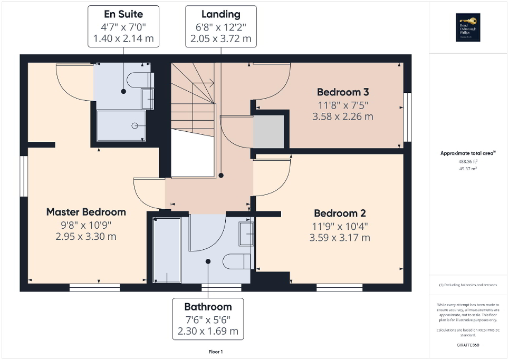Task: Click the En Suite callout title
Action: point(123,14)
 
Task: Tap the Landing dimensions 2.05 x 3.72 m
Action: point(221,38)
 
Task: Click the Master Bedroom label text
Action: point(86,212)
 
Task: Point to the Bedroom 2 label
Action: point(340,213)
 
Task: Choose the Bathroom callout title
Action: point(208,307)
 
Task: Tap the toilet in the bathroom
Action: point(236,261)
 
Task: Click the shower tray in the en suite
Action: point(121,125)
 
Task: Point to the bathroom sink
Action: point(246,233)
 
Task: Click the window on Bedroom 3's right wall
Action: point(407,117)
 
